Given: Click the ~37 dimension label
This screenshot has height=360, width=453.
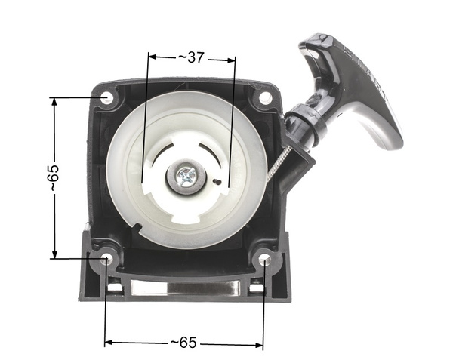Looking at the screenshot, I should (192, 57).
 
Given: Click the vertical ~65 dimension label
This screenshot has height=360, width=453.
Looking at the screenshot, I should (53, 178).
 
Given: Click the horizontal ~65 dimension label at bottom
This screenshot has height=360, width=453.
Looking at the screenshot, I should (184, 343).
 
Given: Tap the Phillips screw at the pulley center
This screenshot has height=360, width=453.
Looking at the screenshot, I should (185, 177).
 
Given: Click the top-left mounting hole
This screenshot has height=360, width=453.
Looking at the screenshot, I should (106, 98).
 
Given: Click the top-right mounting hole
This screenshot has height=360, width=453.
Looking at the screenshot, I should (265, 98).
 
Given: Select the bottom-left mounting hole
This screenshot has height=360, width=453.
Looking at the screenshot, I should (106, 259).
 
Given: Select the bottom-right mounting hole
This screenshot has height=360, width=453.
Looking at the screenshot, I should (265, 260).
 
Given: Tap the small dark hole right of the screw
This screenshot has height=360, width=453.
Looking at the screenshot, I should (217, 182).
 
